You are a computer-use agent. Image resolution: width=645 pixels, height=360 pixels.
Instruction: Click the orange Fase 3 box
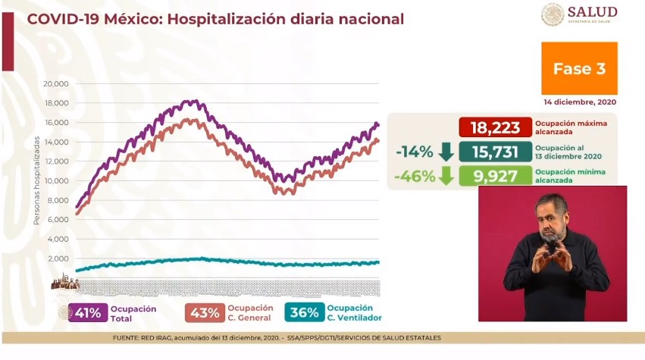point(579,68)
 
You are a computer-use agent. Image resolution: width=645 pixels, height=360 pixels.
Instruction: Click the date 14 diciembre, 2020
point(580,102)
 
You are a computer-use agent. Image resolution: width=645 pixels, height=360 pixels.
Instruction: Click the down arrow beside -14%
point(446,152)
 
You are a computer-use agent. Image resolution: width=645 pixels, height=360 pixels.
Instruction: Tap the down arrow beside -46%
point(446,177)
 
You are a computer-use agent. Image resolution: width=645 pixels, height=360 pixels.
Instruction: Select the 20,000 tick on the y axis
point(56,84)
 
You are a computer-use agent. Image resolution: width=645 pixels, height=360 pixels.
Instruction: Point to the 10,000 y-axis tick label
point(56,181)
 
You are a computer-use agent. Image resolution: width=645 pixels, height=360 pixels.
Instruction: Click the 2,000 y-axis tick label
point(58,258)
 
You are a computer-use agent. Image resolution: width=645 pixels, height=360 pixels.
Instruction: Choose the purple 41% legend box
point(88,313)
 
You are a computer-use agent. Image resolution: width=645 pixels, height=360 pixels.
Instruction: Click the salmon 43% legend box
point(205,313)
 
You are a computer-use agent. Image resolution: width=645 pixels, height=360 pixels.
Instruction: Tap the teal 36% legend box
point(305,313)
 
